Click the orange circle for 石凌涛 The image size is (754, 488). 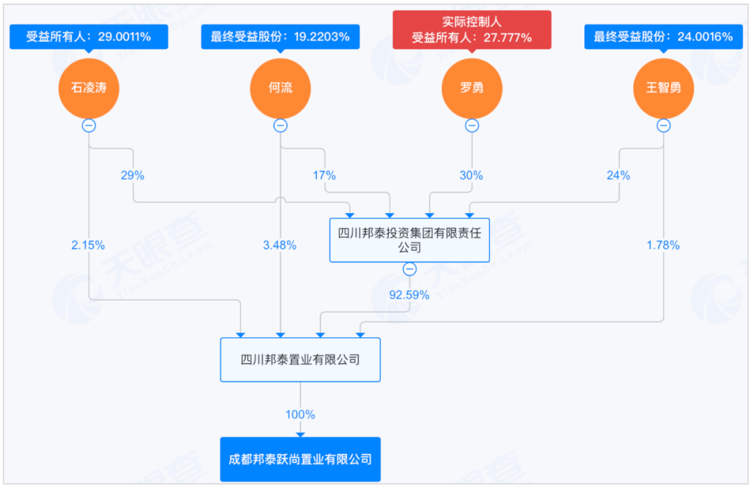tap(89, 89)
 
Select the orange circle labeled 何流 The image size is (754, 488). tap(281, 89)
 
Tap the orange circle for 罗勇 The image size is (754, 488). tap(472, 89)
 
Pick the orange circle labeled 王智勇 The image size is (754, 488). tap(664, 89)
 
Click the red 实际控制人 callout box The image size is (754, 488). tap(472, 30)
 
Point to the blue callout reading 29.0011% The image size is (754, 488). tap(89, 37)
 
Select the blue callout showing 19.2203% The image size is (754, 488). tap(281, 37)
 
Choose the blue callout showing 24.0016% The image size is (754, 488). tap(664, 37)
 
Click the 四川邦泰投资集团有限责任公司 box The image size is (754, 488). tap(410, 240)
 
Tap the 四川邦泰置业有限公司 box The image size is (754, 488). tap(300, 360)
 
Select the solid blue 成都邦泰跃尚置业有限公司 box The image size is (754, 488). tap(300, 459)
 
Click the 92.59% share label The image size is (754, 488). tap(409, 295)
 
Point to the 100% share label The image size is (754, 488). tap(300, 415)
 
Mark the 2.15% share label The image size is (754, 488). tap(88, 245)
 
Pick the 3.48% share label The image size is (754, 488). tap(279, 245)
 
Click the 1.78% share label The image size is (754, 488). tap(663, 245)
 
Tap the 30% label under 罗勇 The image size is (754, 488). tap(471, 175)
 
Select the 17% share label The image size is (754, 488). tap(324, 175)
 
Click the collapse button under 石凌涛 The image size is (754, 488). tap(89, 126)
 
